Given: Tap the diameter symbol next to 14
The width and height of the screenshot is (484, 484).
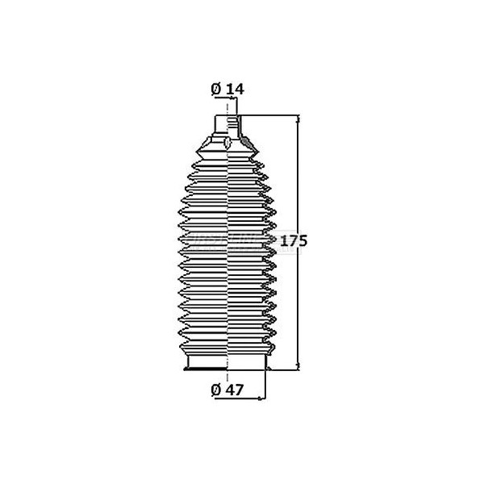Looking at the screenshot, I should pos(216,90).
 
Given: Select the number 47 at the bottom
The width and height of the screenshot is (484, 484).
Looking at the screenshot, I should pos(236,389).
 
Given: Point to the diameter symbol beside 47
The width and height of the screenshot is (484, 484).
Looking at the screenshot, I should pos(216,389).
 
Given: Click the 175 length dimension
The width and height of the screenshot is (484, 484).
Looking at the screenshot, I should pos(296,240).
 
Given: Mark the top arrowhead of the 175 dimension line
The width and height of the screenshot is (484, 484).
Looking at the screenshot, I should pos(301,119).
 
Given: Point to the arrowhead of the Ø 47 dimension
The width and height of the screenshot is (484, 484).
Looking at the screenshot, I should pos(264,398).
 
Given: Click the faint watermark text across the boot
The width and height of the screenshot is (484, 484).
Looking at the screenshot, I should pos(230,240).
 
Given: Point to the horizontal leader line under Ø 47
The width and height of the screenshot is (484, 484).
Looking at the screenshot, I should pos(242,398).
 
